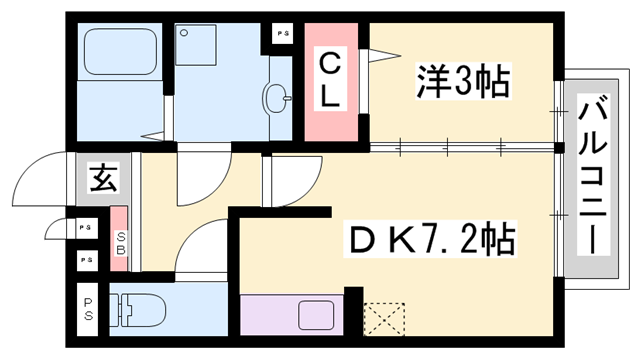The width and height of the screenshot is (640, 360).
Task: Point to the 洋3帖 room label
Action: click(461, 80)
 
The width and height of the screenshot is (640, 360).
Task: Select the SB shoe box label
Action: click(119, 243)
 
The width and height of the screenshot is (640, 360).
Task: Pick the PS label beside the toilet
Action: click(89, 310)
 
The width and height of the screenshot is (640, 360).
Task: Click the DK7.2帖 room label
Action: click(432, 240)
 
